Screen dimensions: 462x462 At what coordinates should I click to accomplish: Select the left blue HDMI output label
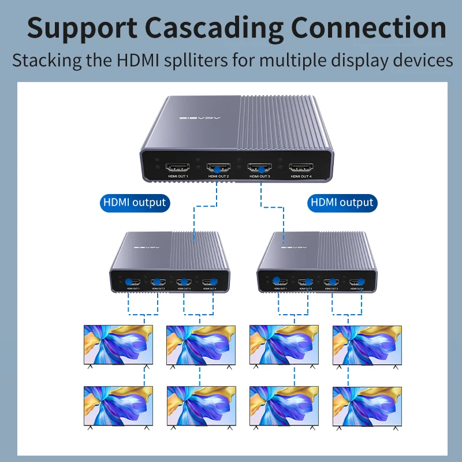(x=134, y=203)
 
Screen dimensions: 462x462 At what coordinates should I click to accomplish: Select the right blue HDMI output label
(x=342, y=203)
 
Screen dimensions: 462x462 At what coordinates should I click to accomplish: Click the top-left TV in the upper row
(x=118, y=345)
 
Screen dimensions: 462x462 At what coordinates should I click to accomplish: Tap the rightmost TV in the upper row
(x=367, y=345)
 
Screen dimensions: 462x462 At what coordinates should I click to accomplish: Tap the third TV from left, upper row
(x=284, y=345)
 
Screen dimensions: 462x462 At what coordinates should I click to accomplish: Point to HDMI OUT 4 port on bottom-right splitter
(x=356, y=282)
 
